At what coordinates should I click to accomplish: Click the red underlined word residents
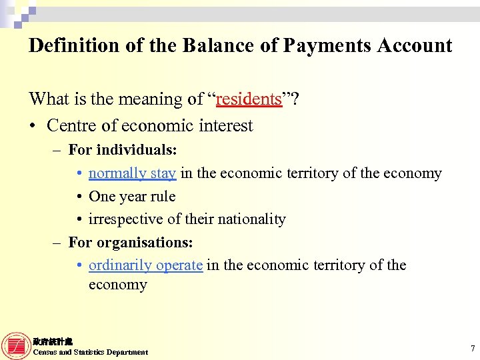(249, 99)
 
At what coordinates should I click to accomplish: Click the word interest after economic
(224, 126)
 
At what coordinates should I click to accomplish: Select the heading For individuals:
(123, 150)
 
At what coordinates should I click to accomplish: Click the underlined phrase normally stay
(132, 173)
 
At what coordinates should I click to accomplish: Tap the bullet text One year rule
(132, 196)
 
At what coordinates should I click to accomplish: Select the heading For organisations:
(131, 242)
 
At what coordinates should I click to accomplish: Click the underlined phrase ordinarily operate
(145, 265)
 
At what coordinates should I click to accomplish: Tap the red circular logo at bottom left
(15, 346)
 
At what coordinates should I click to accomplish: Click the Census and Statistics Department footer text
(91, 352)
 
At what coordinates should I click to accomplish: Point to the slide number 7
(472, 348)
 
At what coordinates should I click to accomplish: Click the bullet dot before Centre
(33, 127)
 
